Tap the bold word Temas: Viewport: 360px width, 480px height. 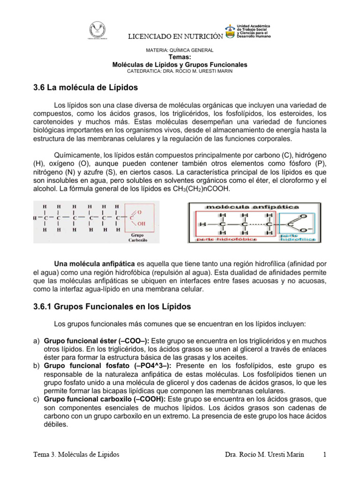click(180, 57)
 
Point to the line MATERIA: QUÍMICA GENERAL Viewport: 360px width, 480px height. click(180, 50)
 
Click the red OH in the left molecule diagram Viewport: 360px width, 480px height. click(141, 224)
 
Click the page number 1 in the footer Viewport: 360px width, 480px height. click(324, 454)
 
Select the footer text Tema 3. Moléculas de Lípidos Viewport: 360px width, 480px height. click(76, 454)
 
